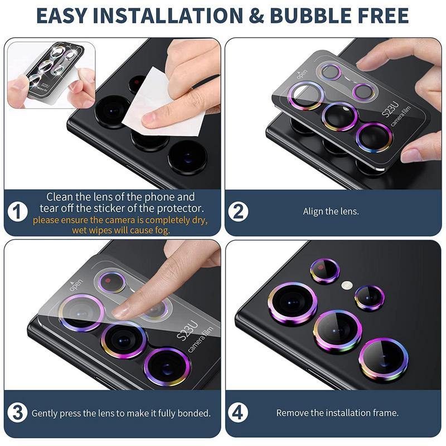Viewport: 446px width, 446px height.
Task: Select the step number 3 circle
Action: click(18, 413)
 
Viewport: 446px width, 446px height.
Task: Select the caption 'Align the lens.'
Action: click(331, 212)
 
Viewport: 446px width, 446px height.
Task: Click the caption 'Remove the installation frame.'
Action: click(337, 413)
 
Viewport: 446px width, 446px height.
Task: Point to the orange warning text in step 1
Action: click(120, 225)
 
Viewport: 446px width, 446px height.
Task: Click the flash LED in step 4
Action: click(347, 285)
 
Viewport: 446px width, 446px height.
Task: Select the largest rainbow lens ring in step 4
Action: click(293, 303)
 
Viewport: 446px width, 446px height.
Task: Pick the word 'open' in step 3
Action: click(75, 287)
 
